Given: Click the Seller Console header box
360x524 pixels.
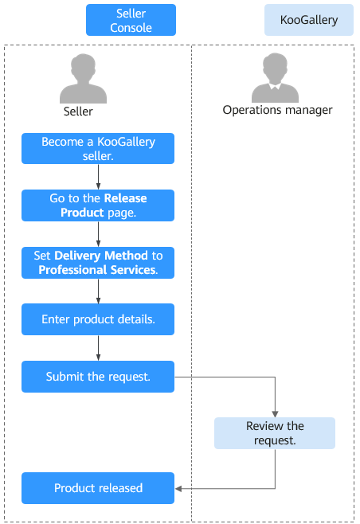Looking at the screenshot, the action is (x=131, y=20).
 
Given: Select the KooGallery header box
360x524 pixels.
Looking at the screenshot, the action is (x=309, y=20).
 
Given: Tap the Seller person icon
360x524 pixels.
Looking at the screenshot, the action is (x=84, y=79).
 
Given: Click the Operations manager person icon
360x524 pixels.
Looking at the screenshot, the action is (x=275, y=77).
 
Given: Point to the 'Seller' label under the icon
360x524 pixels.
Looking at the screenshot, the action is (x=78, y=111).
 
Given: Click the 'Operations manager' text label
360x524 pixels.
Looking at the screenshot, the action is (x=277, y=110).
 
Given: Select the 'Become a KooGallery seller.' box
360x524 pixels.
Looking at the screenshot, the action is (x=98, y=149).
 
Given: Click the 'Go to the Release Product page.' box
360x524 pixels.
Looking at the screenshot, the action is (x=98, y=205).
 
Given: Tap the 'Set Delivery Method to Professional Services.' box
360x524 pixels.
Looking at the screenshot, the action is (x=98, y=263).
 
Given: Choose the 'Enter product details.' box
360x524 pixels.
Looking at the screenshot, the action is (x=98, y=319).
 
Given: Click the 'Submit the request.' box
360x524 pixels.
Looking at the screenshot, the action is (x=98, y=377).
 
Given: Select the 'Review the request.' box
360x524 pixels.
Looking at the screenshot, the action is (x=275, y=433).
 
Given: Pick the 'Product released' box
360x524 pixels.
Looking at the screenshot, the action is (x=98, y=488).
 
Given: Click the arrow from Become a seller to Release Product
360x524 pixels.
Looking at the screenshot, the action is (x=98, y=177).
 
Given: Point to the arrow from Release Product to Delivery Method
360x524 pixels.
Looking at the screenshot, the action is (x=98, y=234).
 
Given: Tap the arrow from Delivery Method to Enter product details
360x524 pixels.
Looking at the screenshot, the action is (x=98, y=291).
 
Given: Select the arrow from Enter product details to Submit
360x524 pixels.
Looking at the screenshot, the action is (x=98, y=348).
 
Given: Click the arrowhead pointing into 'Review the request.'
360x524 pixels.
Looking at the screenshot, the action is (x=275, y=414).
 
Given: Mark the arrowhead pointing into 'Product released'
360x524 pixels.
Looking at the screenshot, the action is (x=178, y=489).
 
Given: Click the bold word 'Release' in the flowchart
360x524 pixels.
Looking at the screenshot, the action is (x=125, y=198).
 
